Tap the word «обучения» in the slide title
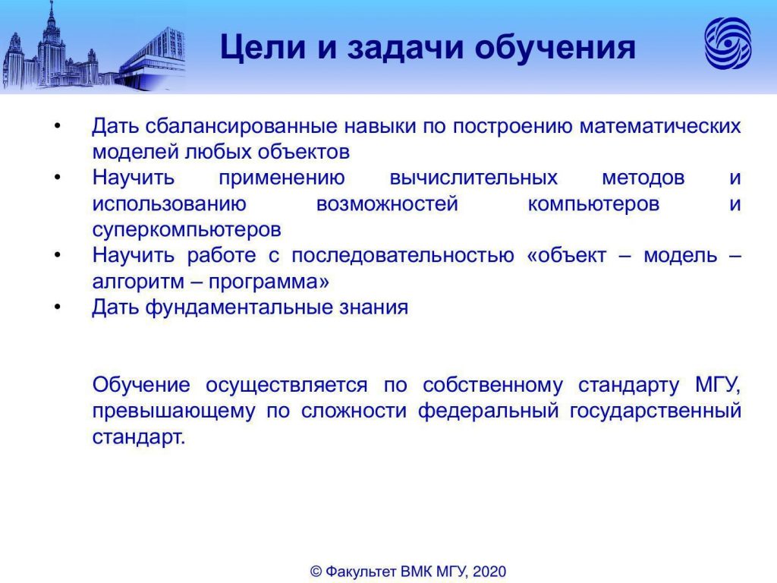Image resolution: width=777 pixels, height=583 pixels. (555, 48)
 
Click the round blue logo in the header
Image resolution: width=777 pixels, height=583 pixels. (728, 43)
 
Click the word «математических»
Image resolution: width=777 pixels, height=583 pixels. (660, 127)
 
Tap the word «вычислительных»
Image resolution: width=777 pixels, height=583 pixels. (473, 178)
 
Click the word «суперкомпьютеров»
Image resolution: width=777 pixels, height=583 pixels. (187, 230)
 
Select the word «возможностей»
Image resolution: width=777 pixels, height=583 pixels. (387, 203)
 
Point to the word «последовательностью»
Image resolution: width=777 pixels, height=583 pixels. (402, 256)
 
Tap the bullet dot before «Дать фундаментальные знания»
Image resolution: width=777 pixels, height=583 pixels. (58, 308)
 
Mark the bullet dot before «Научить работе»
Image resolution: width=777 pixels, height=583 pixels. (58, 256)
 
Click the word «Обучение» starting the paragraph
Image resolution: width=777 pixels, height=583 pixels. (140, 385)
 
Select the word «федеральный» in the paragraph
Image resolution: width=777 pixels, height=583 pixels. (488, 411)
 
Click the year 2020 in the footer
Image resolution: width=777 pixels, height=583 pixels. (489, 572)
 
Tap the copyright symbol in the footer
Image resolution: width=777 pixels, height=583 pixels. (316, 572)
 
